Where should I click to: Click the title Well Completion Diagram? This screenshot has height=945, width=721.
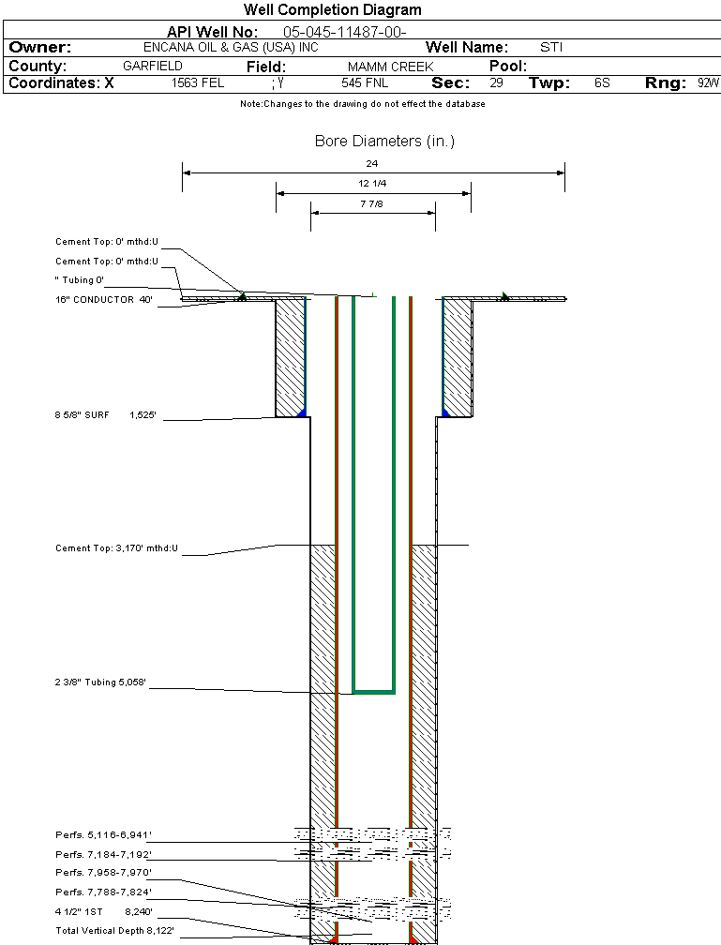(332, 10)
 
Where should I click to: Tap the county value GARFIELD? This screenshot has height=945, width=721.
(152, 67)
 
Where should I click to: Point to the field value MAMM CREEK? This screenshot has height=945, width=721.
(390, 67)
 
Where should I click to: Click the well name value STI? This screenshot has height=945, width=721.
(551, 48)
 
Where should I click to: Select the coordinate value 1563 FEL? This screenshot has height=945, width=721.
(198, 83)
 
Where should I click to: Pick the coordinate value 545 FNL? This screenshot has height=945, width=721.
(358, 83)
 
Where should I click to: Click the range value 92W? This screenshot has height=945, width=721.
(708, 83)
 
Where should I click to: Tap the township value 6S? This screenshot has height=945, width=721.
(602, 83)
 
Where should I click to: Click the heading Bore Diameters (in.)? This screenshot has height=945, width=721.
(384, 142)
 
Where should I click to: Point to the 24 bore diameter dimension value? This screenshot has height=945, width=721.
(372, 164)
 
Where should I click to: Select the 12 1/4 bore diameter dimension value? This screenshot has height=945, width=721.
(372, 184)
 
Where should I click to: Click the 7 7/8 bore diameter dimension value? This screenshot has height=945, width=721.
(372, 203)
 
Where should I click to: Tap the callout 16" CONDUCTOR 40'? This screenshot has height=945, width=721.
(103, 300)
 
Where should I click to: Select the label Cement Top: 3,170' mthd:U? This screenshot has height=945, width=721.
(116, 547)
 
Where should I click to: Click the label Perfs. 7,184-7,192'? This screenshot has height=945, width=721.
(102, 854)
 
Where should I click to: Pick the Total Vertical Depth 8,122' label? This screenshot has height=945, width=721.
(114, 930)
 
